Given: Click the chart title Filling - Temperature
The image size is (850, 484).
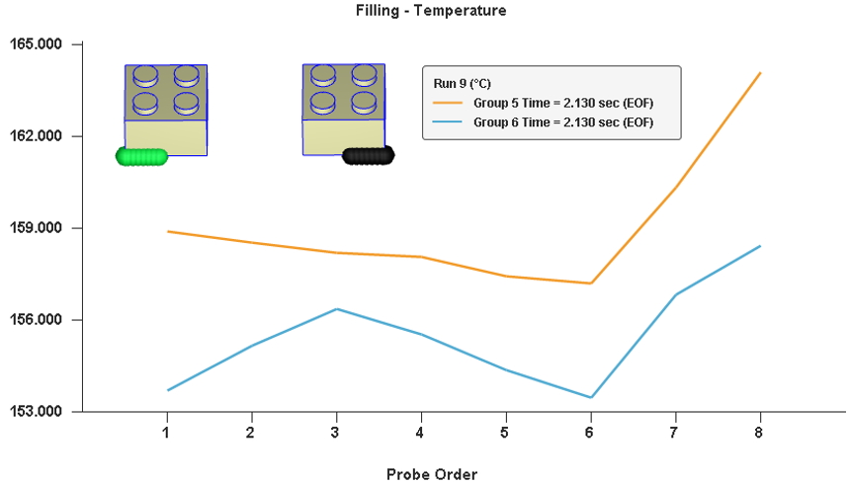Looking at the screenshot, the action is click(x=431, y=10).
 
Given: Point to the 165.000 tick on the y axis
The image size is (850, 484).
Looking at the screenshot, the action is click(x=36, y=43).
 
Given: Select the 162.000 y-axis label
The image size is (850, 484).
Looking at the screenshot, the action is click(x=36, y=135).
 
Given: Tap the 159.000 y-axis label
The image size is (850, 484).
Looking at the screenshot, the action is click(x=36, y=227).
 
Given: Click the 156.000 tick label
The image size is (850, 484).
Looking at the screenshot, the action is click(x=36, y=320).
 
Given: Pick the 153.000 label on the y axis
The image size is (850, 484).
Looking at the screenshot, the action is click(x=36, y=411).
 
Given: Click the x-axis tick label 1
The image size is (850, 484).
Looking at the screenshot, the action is click(x=166, y=433).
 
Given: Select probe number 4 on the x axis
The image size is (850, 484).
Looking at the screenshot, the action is click(x=420, y=433).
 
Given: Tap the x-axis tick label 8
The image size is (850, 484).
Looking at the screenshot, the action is click(x=758, y=433).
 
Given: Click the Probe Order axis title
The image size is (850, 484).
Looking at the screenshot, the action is click(x=432, y=474).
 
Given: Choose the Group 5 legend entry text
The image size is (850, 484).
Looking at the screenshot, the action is click(x=563, y=103).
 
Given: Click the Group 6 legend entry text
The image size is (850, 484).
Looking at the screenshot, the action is click(x=563, y=122).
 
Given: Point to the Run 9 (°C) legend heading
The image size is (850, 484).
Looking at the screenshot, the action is click(x=462, y=84).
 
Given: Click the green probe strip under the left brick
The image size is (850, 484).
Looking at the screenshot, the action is click(x=142, y=157).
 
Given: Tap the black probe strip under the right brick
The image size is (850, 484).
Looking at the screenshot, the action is click(x=369, y=156).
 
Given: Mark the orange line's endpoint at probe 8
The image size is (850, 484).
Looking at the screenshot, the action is click(x=760, y=73).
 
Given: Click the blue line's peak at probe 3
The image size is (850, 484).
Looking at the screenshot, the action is click(x=337, y=309).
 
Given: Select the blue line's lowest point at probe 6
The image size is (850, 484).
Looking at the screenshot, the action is click(x=591, y=397).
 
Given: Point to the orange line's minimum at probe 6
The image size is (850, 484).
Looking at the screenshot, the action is click(x=591, y=283).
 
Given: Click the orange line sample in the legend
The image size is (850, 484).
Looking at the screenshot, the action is click(x=448, y=103).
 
